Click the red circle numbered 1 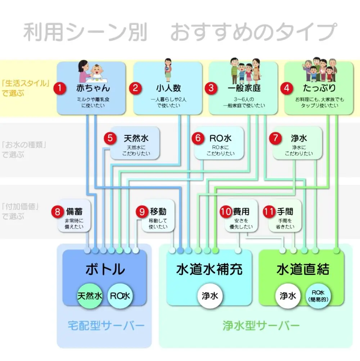click(x=60, y=88)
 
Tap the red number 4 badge click(x=287, y=88)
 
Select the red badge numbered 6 click(x=198, y=138)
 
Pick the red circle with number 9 click(x=142, y=212)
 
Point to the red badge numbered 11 click(x=269, y=212)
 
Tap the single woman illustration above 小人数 click(x=168, y=70)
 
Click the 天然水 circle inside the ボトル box click(x=90, y=296)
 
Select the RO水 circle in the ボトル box click(x=120, y=296)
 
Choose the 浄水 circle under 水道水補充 click(x=210, y=296)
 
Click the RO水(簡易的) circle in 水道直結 click(x=318, y=296)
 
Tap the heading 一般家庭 click(x=244, y=88)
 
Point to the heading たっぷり click(x=319, y=88)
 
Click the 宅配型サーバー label click(x=106, y=325)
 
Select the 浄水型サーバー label click(x=261, y=325)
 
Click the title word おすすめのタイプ click(x=253, y=32)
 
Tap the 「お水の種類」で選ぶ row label click(x=24, y=150)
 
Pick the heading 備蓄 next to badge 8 click(x=74, y=211)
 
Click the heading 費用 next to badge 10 click(x=241, y=211)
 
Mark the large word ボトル click(x=105, y=269)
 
